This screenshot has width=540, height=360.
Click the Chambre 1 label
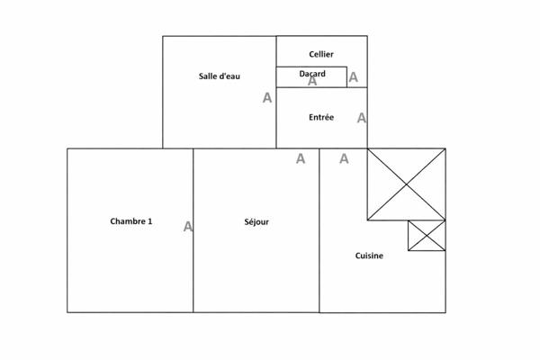coord(130,221)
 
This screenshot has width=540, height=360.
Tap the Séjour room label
coord(256,222)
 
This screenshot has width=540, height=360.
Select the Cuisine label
coord(369,256)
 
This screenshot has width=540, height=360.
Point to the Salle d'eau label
coord(220,76)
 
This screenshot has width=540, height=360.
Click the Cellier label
coord(321,54)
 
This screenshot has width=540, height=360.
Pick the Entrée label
coord(321,118)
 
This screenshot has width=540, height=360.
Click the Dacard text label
coord(312,74)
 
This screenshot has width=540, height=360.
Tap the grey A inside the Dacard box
coord(312,81)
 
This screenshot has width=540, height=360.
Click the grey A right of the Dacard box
coord(354,77)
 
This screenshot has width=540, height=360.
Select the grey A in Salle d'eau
coord(267,98)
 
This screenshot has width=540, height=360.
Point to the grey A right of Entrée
coord(362,118)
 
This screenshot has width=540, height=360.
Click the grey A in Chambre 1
coord(188,226)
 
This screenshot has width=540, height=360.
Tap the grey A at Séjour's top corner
coord(301,158)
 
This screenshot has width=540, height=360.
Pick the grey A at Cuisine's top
coord(344,158)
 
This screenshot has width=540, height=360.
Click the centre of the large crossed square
coord(407,184)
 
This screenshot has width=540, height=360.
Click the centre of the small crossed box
coord(427,236)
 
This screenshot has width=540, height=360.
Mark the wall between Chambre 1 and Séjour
coord(193,230)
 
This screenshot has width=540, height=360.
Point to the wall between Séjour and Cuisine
coord(319,230)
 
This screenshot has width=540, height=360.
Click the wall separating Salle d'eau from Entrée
coord(276,118)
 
